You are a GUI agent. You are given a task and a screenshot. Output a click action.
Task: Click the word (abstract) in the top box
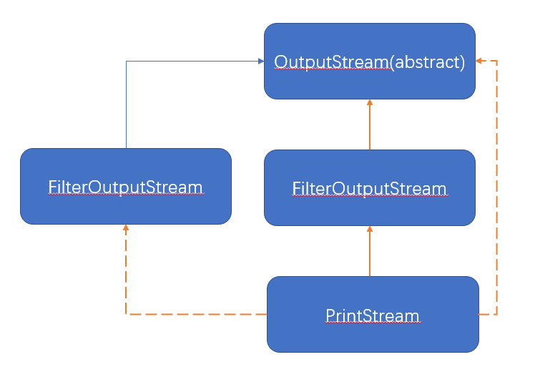pos(427,62)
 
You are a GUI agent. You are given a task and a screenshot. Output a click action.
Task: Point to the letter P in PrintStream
pos(330,315)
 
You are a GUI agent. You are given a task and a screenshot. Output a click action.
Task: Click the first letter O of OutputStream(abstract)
pos(282,62)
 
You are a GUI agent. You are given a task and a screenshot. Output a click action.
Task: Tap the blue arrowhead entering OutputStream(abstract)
pos(260,62)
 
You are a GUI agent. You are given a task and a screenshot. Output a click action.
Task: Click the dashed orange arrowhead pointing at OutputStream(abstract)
pos(480,61)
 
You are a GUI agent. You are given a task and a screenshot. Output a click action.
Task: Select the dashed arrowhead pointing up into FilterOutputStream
pos(126,229)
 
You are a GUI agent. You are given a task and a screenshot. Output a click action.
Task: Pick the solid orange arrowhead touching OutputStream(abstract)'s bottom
pos(370,103)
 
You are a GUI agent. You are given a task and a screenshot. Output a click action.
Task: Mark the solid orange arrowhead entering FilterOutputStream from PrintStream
pos(370,230)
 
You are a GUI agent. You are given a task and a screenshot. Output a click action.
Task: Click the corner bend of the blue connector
pos(127,62)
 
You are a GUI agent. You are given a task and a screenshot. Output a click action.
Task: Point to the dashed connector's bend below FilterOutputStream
pos(127,314)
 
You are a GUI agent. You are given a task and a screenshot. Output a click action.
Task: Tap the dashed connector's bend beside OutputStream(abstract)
pos(496,61)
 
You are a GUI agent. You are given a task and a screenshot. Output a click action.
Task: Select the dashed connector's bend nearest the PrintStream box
pos(496,314)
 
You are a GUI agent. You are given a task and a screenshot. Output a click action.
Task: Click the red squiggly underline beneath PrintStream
pos(373,324)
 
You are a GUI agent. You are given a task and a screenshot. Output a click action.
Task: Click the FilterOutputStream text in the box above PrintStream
pos(369,189)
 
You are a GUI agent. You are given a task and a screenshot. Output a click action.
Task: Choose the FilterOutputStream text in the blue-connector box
pos(126,187)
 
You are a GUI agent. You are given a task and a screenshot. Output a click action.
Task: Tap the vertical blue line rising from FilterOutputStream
pos(127,107)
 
